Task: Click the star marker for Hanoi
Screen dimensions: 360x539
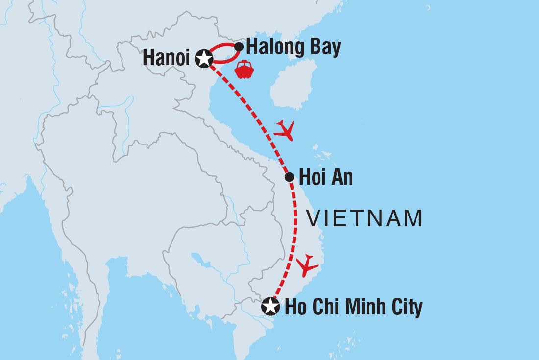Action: coord(203,58)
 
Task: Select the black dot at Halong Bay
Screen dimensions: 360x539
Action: coord(239,47)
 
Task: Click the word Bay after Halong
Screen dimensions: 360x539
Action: coord(323,48)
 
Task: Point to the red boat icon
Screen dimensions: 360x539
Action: coord(244,70)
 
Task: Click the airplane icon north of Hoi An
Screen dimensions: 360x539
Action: coord(285,130)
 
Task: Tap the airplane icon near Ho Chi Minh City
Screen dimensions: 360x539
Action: coord(307,265)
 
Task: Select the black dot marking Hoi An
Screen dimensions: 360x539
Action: coord(289,177)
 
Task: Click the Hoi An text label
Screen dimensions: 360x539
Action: coord(326,177)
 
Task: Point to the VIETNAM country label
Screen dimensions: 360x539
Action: coord(365,218)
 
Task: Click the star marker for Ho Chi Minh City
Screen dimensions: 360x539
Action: coord(270,307)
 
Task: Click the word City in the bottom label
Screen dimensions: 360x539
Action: coord(406,308)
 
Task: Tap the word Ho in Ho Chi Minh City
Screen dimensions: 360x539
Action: coord(294,307)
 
